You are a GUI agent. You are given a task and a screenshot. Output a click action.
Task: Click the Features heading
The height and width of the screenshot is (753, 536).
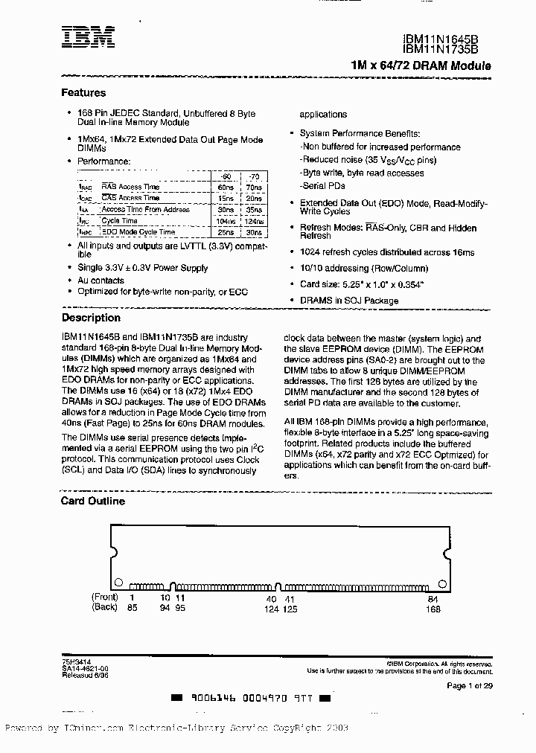83,93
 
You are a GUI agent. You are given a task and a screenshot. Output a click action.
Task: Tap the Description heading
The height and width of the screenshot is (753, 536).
91,318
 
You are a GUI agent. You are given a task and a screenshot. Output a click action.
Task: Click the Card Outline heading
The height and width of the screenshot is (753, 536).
93,501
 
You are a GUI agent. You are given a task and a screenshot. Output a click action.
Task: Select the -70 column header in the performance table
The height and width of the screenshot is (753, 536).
253,176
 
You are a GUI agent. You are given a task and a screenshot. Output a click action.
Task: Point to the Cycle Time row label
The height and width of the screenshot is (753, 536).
119,221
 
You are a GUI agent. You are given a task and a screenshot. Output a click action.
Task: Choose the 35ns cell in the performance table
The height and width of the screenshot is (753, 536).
254,210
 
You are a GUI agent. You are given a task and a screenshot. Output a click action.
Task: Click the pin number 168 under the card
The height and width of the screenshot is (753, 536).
433,609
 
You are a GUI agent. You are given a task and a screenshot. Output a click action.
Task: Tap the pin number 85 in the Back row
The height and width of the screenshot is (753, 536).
132,608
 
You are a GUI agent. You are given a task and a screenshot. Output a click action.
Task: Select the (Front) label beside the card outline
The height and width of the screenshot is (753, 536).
106,597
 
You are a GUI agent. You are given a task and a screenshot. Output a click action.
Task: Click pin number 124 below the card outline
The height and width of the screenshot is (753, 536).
270,609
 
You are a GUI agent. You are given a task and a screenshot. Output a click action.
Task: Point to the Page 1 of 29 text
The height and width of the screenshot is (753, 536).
469,685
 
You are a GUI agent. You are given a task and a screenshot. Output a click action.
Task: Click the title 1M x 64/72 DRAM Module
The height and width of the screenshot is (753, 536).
420,65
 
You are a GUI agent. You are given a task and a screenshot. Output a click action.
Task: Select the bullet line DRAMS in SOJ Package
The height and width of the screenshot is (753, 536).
349,301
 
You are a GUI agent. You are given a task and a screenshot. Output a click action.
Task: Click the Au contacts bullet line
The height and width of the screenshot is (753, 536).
101,281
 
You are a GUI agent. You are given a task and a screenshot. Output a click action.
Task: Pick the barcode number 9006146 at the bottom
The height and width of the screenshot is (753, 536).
214,699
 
